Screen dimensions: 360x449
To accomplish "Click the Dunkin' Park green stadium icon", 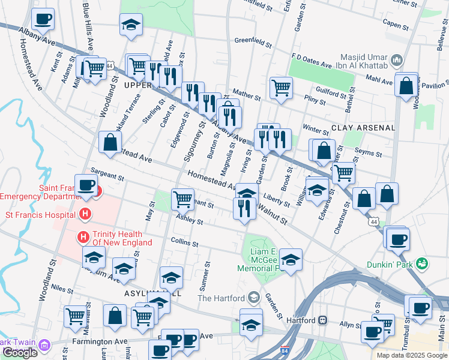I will point(422,263).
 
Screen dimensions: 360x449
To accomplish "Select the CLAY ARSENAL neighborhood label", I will point(363,128).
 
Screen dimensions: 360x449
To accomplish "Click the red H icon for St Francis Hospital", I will point(85,214).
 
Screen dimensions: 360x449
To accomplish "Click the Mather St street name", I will point(247,95).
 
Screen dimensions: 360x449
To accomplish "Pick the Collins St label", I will point(184,243).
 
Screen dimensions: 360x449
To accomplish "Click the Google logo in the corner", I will point(20,353).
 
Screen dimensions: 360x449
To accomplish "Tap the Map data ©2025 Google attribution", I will point(411,355).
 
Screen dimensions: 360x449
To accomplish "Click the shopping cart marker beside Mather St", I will point(281,88).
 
